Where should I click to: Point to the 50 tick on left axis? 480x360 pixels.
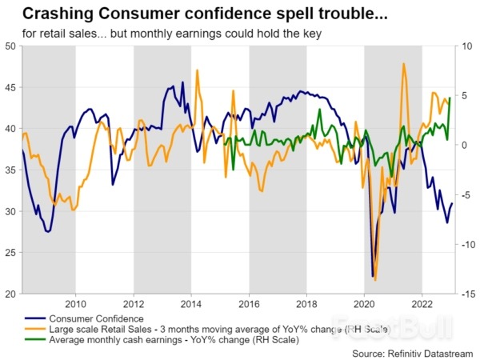coord(11,46)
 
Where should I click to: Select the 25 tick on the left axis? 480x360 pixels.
coord(11,253)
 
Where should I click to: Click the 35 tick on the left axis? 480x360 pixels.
coord(11,170)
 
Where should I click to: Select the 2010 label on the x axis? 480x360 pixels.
coord(75,304)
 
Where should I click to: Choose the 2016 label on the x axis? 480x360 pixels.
coord(249,304)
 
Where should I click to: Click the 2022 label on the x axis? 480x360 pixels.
coord(422,304)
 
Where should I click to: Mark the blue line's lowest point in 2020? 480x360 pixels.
coord(373,277)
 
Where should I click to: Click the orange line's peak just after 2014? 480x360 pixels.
coord(197,70)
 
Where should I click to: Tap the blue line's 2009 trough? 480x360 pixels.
coord(48,232)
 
